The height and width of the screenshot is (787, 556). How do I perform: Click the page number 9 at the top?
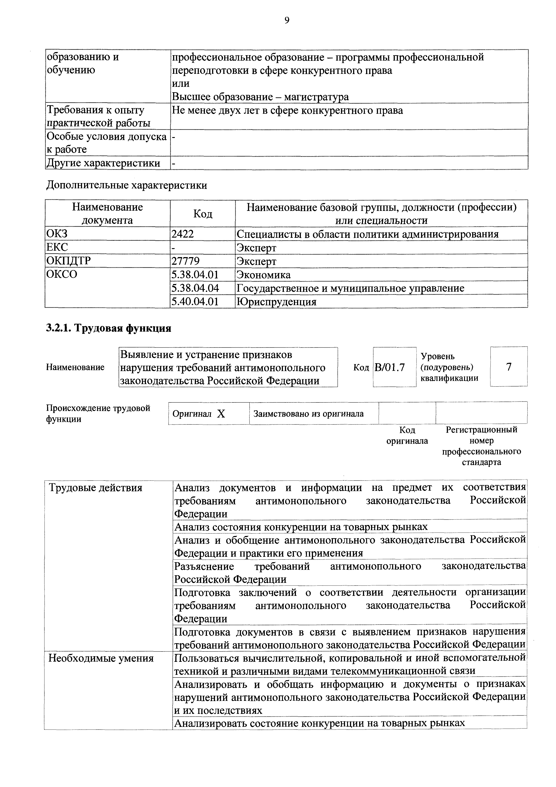(x=287, y=21)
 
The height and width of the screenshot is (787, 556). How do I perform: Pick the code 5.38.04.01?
(x=195, y=275)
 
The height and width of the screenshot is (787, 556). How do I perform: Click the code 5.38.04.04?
(x=195, y=288)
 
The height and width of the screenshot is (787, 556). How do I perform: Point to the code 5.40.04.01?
(x=195, y=302)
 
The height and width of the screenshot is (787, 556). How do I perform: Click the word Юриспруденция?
(x=276, y=302)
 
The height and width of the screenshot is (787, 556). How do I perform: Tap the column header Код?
(x=203, y=214)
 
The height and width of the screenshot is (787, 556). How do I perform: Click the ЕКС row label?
(x=57, y=247)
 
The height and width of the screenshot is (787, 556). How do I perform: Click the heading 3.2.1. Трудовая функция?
(x=109, y=328)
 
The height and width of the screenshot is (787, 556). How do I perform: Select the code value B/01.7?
(x=390, y=367)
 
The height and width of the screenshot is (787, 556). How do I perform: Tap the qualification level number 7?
(x=509, y=367)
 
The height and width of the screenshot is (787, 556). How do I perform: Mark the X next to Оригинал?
(x=221, y=414)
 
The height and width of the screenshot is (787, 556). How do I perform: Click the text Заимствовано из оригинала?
(x=308, y=414)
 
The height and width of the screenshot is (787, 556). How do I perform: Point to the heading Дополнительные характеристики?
(x=127, y=186)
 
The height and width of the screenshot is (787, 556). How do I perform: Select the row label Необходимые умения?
(x=101, y=658)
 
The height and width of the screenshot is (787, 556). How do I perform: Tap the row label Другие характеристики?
(x=103, y=163)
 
